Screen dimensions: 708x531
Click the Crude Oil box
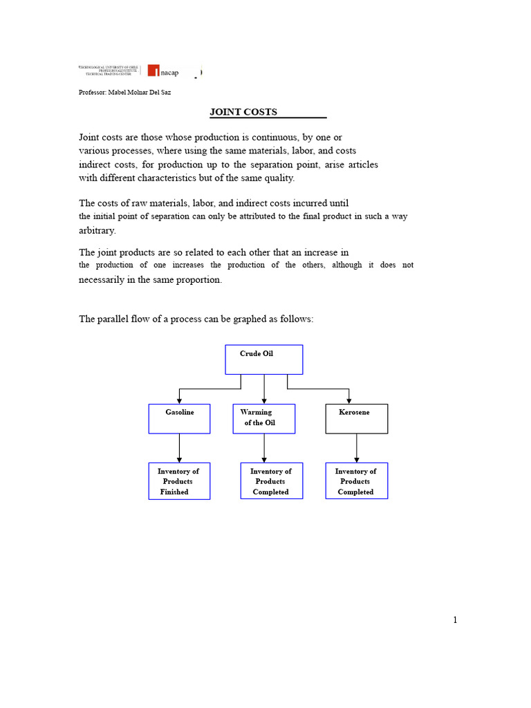[264, 360]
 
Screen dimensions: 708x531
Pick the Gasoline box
[179, 418]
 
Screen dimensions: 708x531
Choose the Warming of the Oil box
[263, 418]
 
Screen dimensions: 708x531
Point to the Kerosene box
[356, 418]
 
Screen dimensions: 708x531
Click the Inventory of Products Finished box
[179, 481]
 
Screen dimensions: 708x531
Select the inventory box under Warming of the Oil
[271, 481]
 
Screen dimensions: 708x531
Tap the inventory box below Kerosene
[356, 481]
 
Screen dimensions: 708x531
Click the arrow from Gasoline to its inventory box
[180, 448]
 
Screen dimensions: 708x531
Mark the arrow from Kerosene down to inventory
[357, 448]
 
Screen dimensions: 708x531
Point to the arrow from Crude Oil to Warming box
[264, 389]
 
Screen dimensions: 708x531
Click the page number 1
[455, 620]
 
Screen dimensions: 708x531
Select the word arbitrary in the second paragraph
[97, 230]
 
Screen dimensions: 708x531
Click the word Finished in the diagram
[174, 492]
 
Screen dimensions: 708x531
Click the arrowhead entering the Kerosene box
[349, 400]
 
